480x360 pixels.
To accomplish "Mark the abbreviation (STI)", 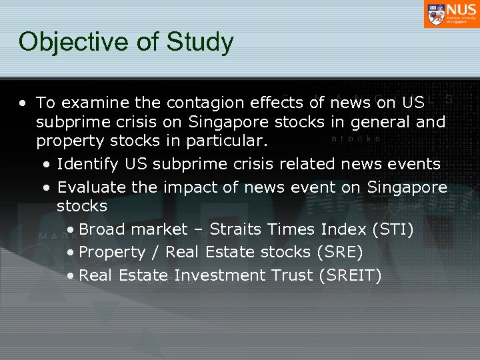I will pos(393,230).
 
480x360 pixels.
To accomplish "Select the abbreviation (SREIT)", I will pos(351,275).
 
